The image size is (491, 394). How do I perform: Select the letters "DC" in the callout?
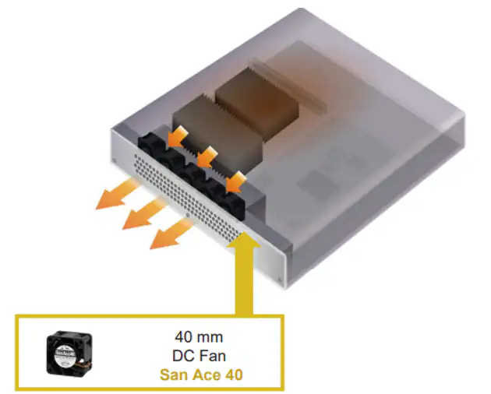182,356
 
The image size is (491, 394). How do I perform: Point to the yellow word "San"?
173,375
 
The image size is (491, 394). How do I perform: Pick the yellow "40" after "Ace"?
235,375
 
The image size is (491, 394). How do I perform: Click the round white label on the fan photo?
65,354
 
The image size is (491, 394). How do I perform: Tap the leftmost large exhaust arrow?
116,193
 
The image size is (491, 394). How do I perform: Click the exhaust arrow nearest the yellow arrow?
171,233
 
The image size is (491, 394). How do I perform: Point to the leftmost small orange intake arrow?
177,135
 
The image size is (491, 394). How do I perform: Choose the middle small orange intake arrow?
207,157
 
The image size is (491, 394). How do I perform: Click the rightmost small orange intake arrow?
236,181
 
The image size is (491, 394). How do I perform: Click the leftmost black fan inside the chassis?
151,146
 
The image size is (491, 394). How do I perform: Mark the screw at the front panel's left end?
114,160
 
